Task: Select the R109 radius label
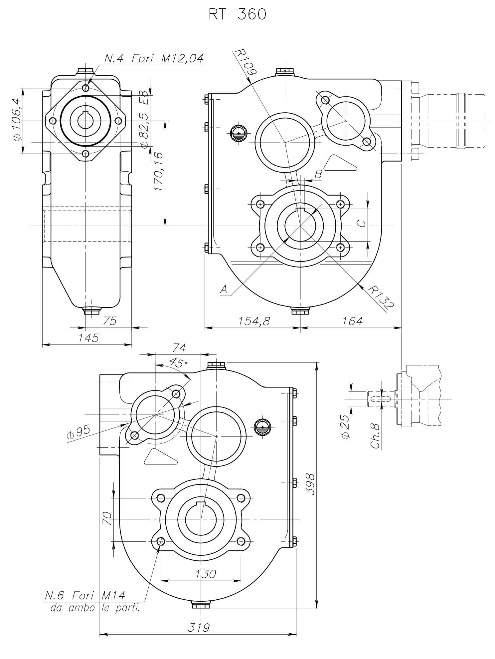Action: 246,62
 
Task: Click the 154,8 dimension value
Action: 254,321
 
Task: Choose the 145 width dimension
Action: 88,338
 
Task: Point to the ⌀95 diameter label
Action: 78,432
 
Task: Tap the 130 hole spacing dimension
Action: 206,574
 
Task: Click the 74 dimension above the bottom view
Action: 179,348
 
